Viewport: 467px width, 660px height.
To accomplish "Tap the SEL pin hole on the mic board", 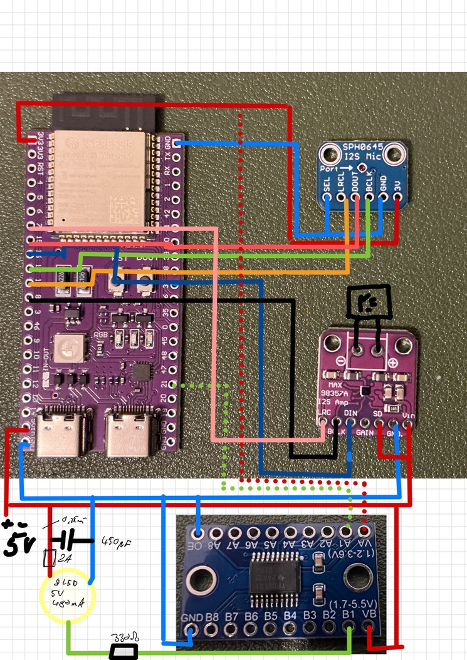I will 328,199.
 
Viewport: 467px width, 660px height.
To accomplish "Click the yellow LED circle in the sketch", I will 66,597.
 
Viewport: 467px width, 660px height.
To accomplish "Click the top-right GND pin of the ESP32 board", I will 177,143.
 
